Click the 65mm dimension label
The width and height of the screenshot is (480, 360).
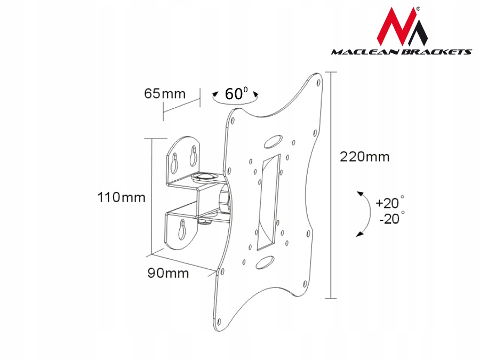click(x=165, y=94)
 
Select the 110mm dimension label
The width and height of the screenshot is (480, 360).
click(x=122, y=197)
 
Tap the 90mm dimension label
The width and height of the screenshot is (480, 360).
click(x=168, y=273)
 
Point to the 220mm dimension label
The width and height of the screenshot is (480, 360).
click(x=365, y=157)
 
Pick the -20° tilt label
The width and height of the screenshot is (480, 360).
click(x=390, y=219)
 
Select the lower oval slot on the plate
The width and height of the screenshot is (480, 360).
click(x=264, y=262)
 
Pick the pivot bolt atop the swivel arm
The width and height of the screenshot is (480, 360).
click(x=205, y=174)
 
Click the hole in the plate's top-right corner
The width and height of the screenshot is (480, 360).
click(x=318, y=83)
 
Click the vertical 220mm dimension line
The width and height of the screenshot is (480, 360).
click(x=331, y=184)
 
